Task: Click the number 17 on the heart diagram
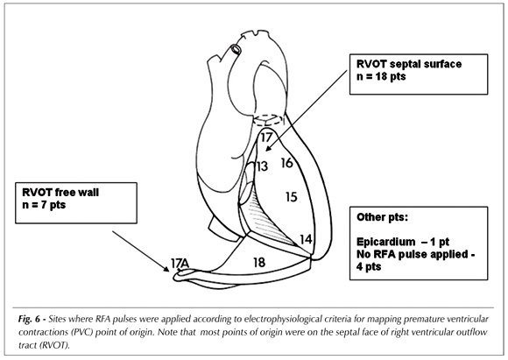(x=266, y=138)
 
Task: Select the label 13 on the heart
(x=262, y=166)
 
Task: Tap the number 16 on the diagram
(x=287, y=163)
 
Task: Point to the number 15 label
(x=292, y=197)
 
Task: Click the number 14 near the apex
(x=306, y=239)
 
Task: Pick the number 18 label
(x=259, y=263)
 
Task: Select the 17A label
(x=180, y=264)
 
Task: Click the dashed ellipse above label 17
(x=267, y=120)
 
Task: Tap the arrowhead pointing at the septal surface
(x=268, y=148)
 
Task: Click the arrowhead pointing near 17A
(x=166, y=269)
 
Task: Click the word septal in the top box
(x=404, y=65)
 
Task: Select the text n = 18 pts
(x=381, y=76)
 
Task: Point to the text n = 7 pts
(x=44, y=205)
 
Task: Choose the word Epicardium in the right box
(x=385, y=242)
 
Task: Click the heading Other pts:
(x=382, y=217)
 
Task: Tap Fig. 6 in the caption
(x=30, y=320)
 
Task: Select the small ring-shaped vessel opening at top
(x=236, y=49)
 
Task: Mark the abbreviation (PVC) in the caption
(x=83, y=333)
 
